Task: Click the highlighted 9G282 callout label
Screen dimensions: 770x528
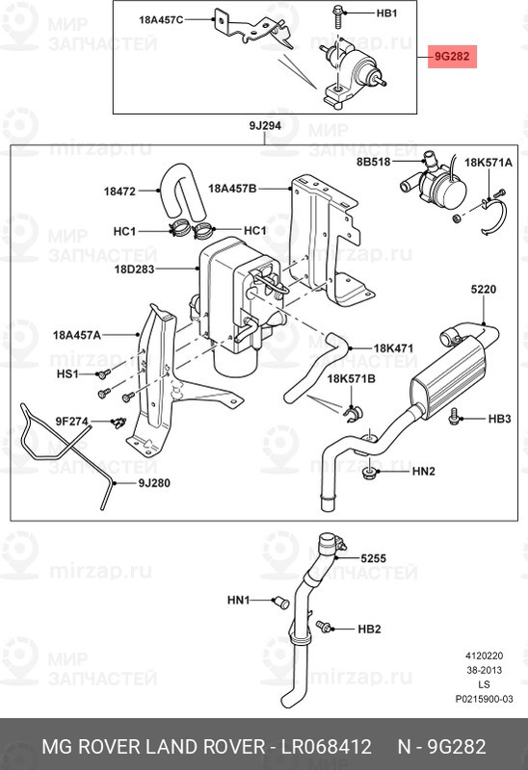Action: (x=451, y=58)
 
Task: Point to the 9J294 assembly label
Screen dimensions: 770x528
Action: (x=264, y=127)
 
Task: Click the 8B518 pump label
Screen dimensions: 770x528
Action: (x=375, y=163)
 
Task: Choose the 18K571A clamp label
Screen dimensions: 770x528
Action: (x=488, y=164)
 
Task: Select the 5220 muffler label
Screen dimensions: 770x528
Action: (x=484, y=289)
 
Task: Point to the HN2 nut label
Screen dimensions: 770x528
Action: (x=424, y=472)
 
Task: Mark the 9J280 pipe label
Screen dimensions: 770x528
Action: (x=154, y=482)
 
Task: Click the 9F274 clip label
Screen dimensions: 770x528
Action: (x=71, y=421)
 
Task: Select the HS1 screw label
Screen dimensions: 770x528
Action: (x=66, y=372)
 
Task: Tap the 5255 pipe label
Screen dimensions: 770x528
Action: (x=373, y=558)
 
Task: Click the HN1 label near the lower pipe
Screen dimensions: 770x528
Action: (x=238, y=601)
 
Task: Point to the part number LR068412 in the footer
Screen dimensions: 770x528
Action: (x=326, y=747)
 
